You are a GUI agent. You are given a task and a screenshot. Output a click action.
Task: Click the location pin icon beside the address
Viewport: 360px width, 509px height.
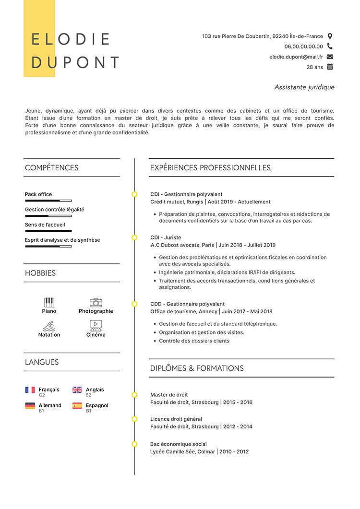pyautogui.click(x=330, y=36)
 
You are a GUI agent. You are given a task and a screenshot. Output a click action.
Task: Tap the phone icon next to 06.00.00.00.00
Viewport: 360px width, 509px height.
pyautogui.click(x=330, y=47)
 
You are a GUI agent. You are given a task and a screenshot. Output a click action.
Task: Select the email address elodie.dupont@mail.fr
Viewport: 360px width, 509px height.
pyautogui.click(x=296, y=57)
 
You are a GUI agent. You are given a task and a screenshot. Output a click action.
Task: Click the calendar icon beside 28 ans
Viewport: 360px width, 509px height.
pyautogui.click(x=330, y=67)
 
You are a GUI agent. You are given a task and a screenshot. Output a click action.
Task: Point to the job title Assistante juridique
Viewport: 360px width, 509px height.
pyautogui.click(x=304, y=87)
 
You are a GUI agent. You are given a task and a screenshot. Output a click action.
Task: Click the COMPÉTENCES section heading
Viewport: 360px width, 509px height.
pyautogui.click(x=51, y=168)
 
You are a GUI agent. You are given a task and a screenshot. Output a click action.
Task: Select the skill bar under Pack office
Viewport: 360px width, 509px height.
pyautogui.click(x=48, y=201)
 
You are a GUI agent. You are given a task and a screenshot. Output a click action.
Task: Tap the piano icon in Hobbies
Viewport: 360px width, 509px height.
pyautogui.click(x=49, y=302)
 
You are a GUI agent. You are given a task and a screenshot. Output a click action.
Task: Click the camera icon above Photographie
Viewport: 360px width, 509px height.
pyautogui.click(x=96, y=302)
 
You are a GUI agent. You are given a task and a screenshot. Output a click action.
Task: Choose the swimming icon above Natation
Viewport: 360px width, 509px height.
pyautogui.click(x=49, y=326)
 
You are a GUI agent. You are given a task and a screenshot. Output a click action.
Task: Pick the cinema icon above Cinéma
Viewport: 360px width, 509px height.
pyautogui.click(x=96, y=326)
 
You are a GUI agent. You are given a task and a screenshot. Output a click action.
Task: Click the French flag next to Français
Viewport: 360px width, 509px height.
pyautogui.click(x=30, y=390)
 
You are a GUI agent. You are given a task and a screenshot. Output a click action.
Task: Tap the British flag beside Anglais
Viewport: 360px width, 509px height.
pyautogui.click(x=77, y=390)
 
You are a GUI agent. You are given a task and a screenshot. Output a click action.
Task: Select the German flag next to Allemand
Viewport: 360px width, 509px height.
pyautogui.click(x=30, y=406)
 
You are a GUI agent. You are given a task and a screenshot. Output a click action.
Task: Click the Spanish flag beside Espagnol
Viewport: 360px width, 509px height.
pyautogui.click(x=77, y=406)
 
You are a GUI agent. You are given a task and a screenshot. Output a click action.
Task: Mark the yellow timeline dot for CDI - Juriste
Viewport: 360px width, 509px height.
pyautogui.click(x=134, y=237)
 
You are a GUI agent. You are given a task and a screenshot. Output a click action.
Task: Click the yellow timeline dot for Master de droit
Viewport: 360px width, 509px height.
pyautogui.click(x=134, y=395)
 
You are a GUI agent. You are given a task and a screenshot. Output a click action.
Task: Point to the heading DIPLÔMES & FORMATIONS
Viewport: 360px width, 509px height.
pyautogui.click(x=197, y=368)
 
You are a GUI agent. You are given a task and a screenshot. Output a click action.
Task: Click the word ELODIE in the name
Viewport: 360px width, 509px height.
pyautogui.click(x=71, y=39)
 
